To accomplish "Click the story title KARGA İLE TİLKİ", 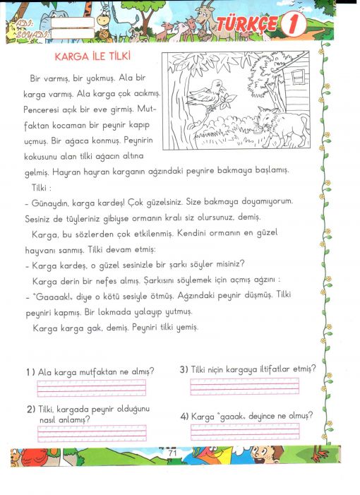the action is coord(92,56).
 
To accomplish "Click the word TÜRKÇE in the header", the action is coord(247,24).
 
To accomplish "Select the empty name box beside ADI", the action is coord(73,23).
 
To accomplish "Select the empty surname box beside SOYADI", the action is coord(73,33).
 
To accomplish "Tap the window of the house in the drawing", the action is coord(298,78).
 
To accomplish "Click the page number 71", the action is coord(172,453).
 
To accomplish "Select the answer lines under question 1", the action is coord(92,388).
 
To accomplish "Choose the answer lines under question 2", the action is coord(92,434).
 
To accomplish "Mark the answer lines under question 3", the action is coord(244,386).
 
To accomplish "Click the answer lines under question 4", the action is coord(245,431).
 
